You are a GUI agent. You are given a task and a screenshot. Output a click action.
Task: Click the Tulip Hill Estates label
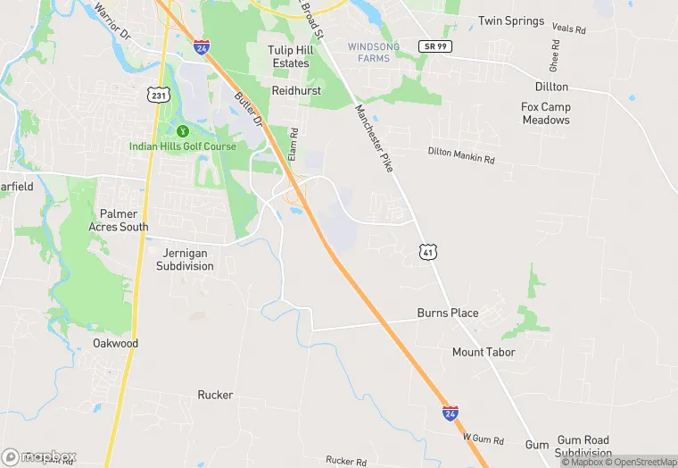point(289,56)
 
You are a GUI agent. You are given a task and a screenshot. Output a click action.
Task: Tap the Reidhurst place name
point(295,91)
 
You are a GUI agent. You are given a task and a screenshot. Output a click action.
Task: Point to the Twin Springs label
point(510,21)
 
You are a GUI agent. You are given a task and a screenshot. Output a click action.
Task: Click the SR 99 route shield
point(433,45)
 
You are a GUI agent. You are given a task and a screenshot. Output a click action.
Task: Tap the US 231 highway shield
point(159,94)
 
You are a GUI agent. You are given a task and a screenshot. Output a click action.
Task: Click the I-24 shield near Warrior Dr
point(202,45)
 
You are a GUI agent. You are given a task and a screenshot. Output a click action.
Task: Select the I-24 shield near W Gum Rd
point(451,413)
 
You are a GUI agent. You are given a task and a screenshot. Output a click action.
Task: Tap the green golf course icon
point(183,131)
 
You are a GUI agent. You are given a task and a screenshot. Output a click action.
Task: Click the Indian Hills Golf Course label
point(183,146)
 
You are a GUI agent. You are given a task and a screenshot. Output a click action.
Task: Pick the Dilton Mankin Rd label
point(460,156)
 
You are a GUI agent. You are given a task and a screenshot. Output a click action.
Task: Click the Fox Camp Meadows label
point(546,113)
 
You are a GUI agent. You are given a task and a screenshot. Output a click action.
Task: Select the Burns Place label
point(448,313)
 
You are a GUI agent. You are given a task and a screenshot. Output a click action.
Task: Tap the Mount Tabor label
point(483,352)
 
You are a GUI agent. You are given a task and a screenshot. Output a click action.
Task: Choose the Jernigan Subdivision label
point(186,260)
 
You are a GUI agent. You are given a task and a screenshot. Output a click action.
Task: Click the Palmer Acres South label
point(119,221)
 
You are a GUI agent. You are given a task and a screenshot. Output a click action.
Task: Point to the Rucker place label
point(215,395)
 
